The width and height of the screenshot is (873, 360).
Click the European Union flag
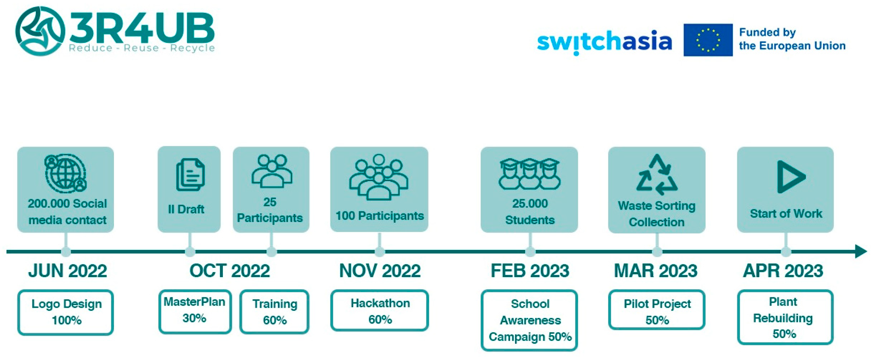[x=708, y=40]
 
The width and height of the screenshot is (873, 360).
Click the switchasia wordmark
[x=604, y=42]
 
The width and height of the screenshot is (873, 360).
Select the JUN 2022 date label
[x=67, y=271]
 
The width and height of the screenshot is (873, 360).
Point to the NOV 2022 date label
[x=380, y=271]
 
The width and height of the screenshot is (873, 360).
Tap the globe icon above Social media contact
[x=65, y=173]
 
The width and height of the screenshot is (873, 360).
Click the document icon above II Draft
[x=190, y=175]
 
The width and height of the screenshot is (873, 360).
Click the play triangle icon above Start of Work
[x=790, y=177]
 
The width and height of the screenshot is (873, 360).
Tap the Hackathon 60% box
[x=380, y=311]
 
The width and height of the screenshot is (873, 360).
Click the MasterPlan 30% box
[x=195, y=311]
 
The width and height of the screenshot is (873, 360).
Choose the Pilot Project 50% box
[x=656, y=310]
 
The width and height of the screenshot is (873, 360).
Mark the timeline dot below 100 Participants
[x=380, y=252]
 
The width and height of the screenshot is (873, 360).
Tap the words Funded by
[x=767, y=32]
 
